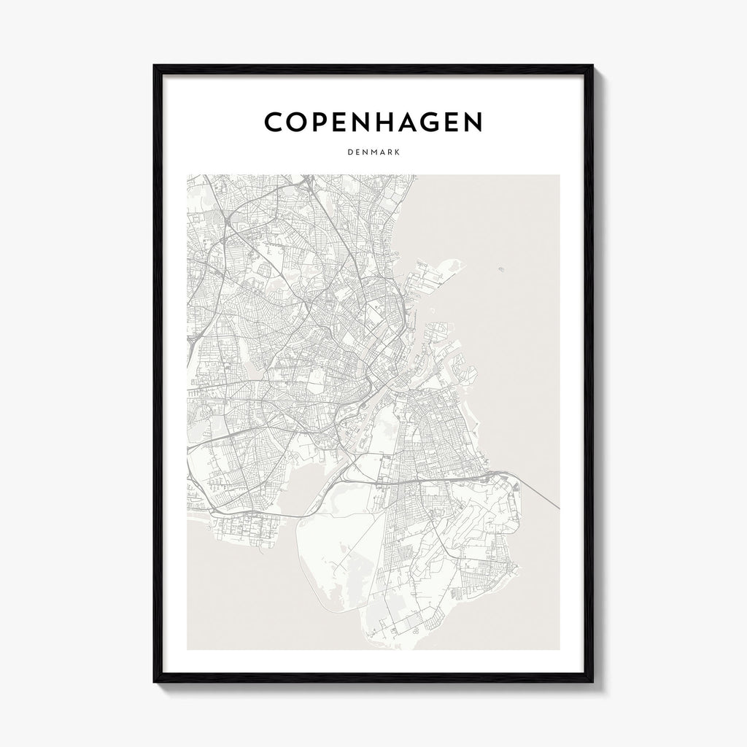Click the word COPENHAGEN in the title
click(x=373, y=123)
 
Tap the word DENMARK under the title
click(x=373, y=153)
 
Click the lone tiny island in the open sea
click(x=501, y=269)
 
